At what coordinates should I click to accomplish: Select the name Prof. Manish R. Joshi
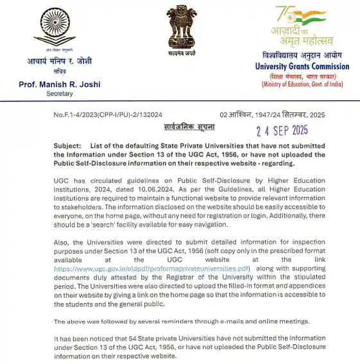click(59, 84)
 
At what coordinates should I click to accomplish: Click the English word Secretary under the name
click(60, 94)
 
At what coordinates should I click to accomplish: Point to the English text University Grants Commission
click(302, 67)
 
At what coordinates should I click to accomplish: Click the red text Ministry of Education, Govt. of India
click(302, 84)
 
